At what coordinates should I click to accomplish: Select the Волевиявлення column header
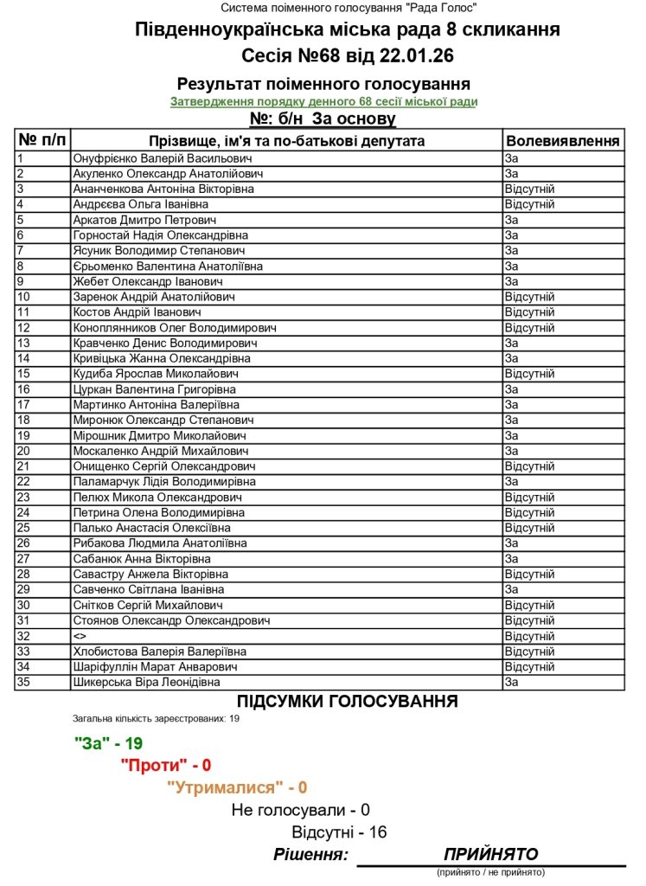coord(562,140)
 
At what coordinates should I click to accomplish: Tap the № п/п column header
coord(42,140)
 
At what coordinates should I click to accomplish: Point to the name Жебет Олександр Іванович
coord(149,281)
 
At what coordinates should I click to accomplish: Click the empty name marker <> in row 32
coord(80,636)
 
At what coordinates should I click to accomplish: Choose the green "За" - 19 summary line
coord(108,743)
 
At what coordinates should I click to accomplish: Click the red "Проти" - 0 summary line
coord(166,765)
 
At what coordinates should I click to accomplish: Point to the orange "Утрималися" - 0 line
coord(237,787)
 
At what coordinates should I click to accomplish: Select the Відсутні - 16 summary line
coord(339,832)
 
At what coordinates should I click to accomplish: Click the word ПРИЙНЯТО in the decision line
coord(490,854)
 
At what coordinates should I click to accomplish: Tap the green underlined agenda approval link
coord(323,102)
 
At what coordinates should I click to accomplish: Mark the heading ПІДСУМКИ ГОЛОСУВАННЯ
coord(348,702)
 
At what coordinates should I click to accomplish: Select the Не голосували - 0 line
coord(300,810)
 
